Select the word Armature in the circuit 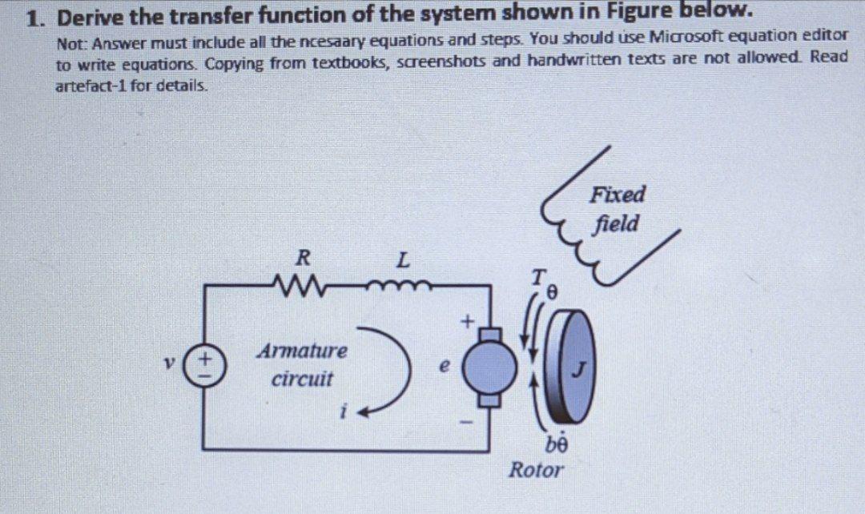pyautogui.click(x=302, y=351)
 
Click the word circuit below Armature pyautogui.click(x=302, y=378)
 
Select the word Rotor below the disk pyautogui.click(x=536, y=469)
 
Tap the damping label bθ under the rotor pyautogui.click(x=557, y=441)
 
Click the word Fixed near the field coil pyautogui.click(x=618, y=194)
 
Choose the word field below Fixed pyautogui.click(x=617, y=223)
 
